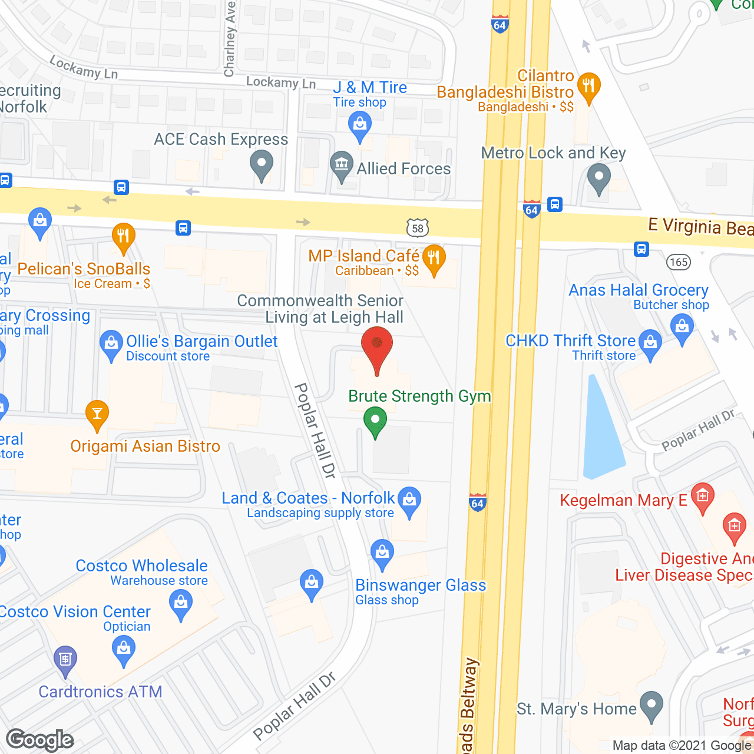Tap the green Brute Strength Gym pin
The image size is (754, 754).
pyautogui.click(x=375, y=422)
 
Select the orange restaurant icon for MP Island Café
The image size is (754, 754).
pyautogui.click(x=434, y=259)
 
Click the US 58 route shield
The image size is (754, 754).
pyautogui.click(x=418, y=228)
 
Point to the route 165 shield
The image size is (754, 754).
pyautogui.click(x=679, y=262)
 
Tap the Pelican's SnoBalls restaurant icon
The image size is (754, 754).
pyautogui.click(x=123, y=237)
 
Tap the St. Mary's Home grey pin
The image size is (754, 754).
pyautogui.click(x=651, y=705)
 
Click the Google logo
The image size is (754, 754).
pyautogui.click(x=40, y=740)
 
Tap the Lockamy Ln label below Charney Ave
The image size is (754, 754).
pyautogui.click(x=280, y=82)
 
